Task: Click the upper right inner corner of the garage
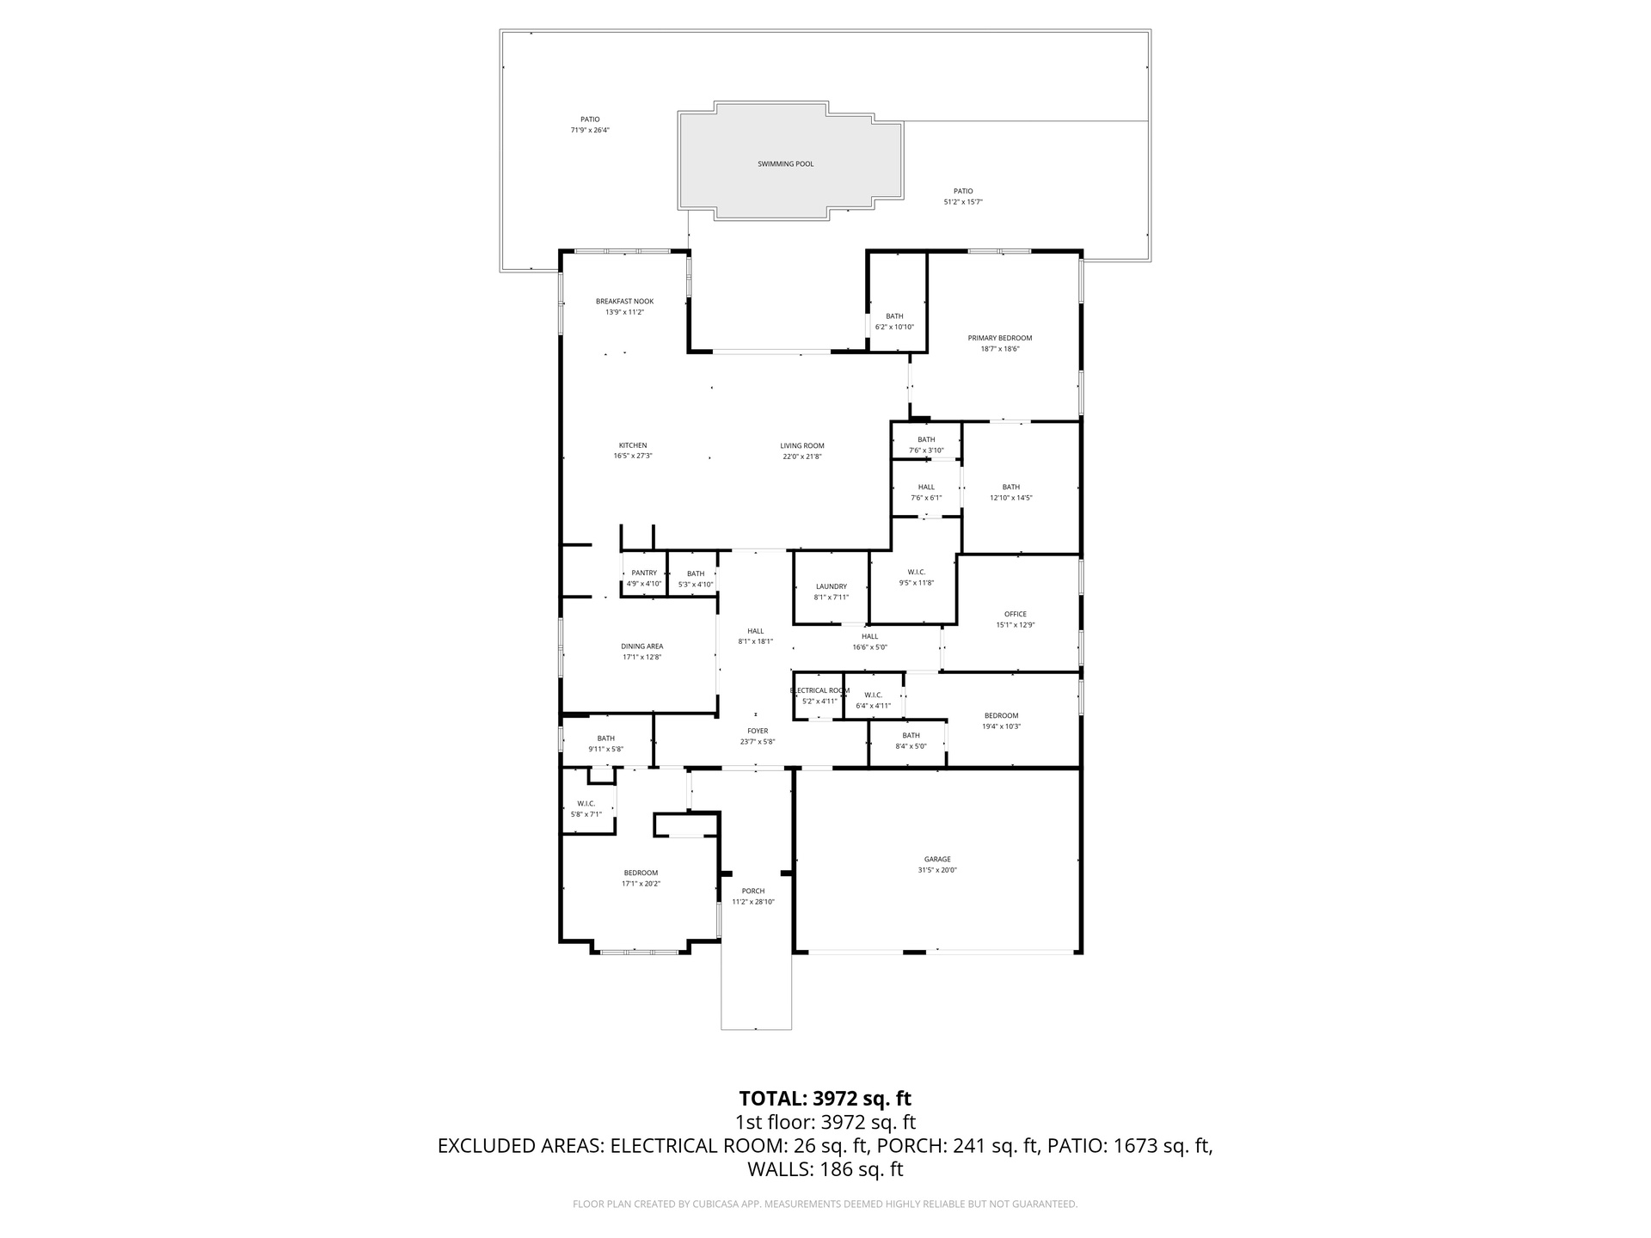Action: click(1078, 771)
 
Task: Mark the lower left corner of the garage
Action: click(795, 952)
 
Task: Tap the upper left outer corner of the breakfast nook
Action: click(560, 250)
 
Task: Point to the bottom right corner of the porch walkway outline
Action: click(791, 1029)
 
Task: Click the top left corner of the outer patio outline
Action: click(500, 30)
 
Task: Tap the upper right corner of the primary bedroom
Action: click(1081, 251)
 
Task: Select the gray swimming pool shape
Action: click(791, 161)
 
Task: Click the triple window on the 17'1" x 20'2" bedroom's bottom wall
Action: click(639, 952)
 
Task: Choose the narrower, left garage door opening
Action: click(856, 952)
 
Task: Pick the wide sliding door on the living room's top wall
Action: click(771, 351)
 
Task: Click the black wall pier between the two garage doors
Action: click(914, 952)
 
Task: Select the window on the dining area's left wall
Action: click(561, 647)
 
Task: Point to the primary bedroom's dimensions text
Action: click(1000, 349)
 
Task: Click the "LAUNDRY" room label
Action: click(832, 586)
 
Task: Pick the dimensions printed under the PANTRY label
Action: click(644, 584)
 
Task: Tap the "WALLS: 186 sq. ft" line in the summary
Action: click(825, 1169)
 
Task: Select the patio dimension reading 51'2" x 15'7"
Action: click(963, 202)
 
